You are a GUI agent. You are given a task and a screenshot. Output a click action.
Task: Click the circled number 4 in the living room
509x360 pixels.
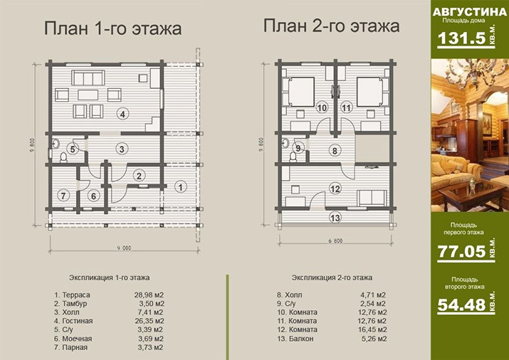click(122, 114)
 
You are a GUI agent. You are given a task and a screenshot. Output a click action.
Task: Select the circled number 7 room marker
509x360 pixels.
click(63, 195)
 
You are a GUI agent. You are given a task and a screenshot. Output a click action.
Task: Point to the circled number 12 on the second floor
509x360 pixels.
click(335, 189)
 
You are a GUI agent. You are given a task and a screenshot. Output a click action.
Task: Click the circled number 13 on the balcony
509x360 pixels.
click(335, 217)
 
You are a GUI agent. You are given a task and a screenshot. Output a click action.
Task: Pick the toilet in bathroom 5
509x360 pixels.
click(63, 157)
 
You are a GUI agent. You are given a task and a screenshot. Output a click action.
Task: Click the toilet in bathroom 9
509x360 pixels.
click(293, 157)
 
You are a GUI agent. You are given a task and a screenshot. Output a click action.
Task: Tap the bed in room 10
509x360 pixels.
click(301, 92)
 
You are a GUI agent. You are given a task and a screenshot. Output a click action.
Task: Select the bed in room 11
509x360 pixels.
click(369, 92)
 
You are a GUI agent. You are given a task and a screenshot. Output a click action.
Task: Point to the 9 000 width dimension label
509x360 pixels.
click(124, 248)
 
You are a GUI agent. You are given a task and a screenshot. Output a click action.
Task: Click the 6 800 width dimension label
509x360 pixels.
click(335, 240)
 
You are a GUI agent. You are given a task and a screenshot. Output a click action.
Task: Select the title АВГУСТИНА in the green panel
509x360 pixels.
click(469, 12)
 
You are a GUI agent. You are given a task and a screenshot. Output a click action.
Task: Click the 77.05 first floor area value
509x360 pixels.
click(461, 251)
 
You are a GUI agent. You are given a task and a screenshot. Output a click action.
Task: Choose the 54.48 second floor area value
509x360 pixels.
click(461, 305)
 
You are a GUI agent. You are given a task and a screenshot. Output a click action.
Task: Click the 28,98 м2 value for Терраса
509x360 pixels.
click(149, 295)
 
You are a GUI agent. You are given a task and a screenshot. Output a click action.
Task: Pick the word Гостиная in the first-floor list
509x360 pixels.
click(78, 321)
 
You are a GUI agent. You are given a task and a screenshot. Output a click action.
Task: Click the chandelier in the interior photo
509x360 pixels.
click(469, 76)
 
